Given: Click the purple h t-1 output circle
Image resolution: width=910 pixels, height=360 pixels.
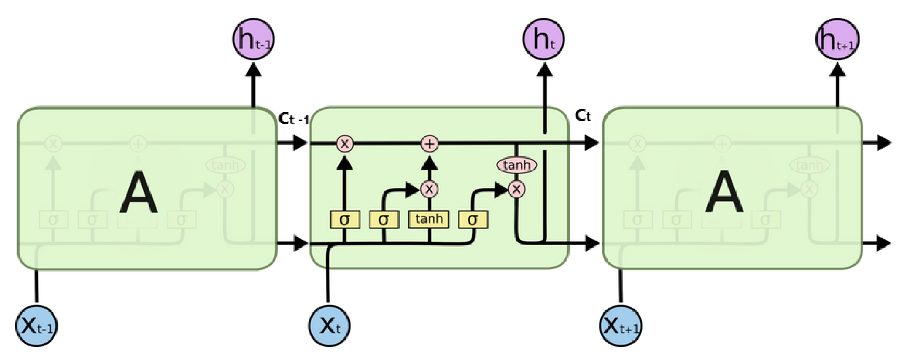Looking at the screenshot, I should click(253, 39).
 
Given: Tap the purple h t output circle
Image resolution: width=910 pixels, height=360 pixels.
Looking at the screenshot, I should click(543, 39).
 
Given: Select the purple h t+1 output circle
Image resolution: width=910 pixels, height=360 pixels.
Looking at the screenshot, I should click(837, 39).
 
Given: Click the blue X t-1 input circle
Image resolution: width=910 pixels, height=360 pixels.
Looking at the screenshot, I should click(36, 326).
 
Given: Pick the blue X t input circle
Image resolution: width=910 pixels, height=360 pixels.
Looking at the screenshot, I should click(329, 326).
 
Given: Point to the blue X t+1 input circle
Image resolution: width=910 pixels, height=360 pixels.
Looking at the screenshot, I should click(621, 326).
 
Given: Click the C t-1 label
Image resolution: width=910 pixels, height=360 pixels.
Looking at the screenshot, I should click(293, 119).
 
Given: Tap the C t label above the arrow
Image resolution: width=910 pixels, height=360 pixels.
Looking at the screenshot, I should click(583, 115).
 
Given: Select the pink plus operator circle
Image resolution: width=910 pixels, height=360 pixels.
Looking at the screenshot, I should click(430, 143).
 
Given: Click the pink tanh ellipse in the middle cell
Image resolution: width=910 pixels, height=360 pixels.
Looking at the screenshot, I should click(517, 165).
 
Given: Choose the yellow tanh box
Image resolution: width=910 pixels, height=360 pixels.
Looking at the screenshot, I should click(429, 219).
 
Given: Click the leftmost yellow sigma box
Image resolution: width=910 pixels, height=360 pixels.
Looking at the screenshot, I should click(345, 220).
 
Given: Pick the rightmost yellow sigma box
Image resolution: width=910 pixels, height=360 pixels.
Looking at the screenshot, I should click(473, 220).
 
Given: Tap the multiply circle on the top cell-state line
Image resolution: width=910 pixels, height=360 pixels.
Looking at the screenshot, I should click(345, 143).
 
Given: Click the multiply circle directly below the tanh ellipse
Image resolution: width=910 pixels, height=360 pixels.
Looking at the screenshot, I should click(516, 189).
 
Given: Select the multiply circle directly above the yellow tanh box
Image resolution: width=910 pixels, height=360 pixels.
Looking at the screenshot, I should click(429, 189).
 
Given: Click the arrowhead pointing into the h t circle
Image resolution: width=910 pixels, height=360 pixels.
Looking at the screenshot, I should click(544, 70).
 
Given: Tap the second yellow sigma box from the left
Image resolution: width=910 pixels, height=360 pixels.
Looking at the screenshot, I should click(384, 220).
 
